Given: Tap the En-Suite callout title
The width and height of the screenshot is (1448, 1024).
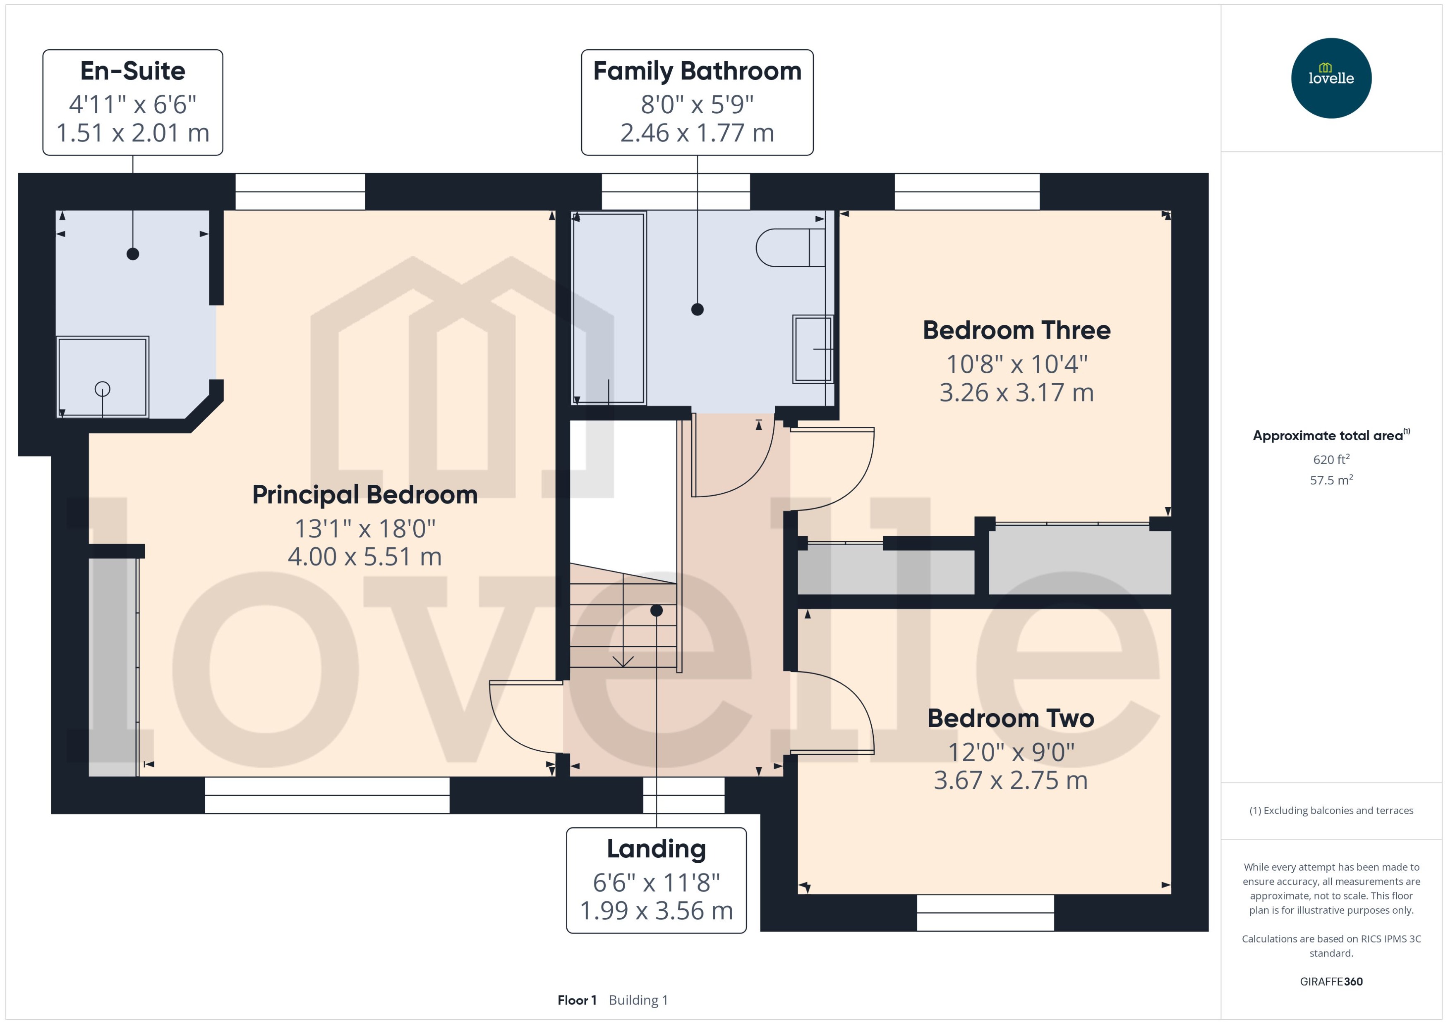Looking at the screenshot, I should (x=132, y=71).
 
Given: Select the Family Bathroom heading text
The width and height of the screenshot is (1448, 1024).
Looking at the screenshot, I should (x=697, y=71).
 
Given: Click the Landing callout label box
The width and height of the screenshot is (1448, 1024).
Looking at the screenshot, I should (x=656, y=880).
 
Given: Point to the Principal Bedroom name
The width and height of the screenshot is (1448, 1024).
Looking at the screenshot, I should (x=364, y=495).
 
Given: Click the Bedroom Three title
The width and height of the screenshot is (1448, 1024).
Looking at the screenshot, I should (x=1016, y=330).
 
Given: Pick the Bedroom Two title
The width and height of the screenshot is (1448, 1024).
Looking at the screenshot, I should (x=1010, y=718).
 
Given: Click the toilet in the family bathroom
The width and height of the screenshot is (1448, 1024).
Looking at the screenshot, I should (x=789, y=248).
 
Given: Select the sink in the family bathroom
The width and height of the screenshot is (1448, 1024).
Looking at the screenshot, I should (x=813, y=348).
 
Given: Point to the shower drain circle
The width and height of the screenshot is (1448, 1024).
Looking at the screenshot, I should (x=102, y=389).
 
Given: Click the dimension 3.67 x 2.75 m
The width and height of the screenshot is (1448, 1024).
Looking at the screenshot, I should (x=1010, y=781).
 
